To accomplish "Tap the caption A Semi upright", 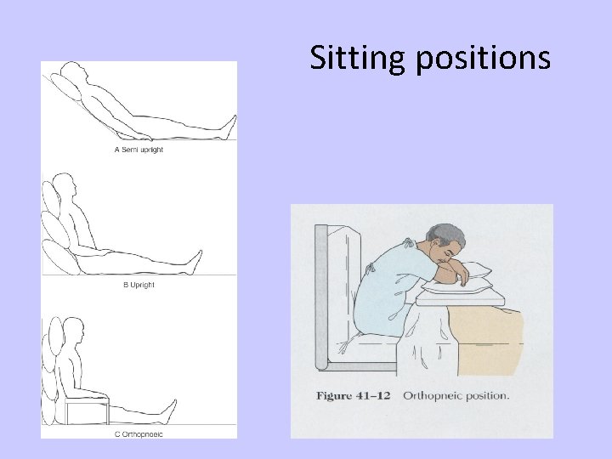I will point(139,150).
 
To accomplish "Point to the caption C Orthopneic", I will point(139,434).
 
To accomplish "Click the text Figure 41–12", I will point(353,396).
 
